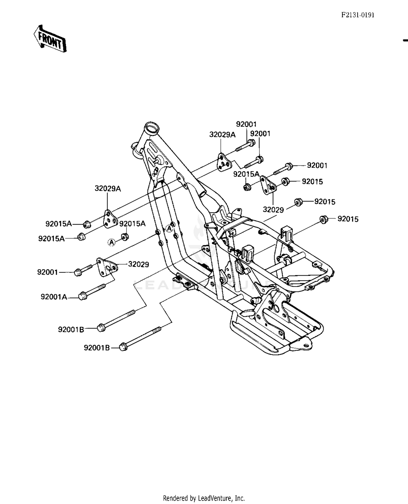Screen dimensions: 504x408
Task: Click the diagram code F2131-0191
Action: pyautogui.click(x=358, y=15)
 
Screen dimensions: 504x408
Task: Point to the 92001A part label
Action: pyautogui.click(x=54, y=297)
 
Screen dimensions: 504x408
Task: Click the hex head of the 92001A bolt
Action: pyautogui.click(x=82, y=296)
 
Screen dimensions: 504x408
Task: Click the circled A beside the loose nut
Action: pyautogui.click(x=112, y=242)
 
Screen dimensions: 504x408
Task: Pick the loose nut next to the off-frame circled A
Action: pyautogui.click(x=125, y=237)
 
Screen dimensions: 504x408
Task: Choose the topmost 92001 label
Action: pyautogui.click(x=246, y=124)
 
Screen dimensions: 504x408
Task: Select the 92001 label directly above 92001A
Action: pyautogui.click(x=48, y=272)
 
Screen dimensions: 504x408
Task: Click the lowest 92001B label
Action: pyautogui.click(x=97, y=348)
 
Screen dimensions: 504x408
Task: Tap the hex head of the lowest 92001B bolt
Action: pyautogui.click(x=123, y=347)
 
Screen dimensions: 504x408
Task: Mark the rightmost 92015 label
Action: pyautogui.click(x=348, y=219)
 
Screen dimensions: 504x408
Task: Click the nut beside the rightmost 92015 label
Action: pyautogui.click(x=323, y=219)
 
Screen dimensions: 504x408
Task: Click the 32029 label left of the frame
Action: pyautogui.click(x=138, y=264)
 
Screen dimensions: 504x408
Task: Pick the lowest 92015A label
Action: pyautogui.click(x=51, y=239)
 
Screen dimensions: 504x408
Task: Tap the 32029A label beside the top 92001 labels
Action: pyautogui.click(x=222, y=135)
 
